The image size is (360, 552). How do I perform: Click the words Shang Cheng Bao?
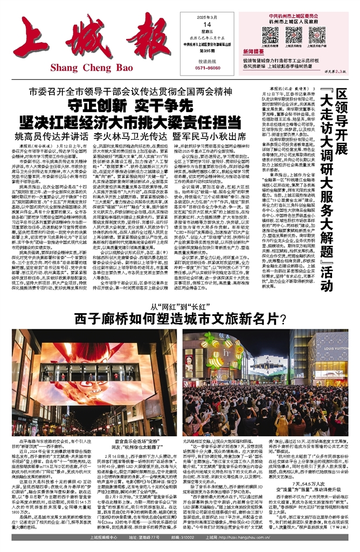click(91, 67)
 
